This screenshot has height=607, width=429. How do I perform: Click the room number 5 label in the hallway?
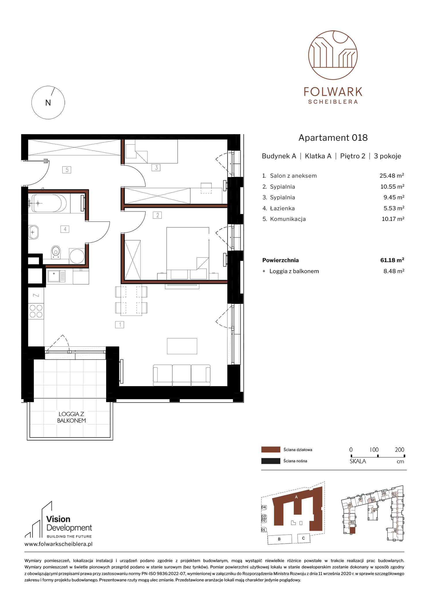(67, 170)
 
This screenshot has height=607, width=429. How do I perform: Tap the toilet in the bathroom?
(56, 252)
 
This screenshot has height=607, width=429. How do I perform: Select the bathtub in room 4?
(49, 203)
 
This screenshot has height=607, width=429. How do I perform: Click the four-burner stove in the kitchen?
(36, 311)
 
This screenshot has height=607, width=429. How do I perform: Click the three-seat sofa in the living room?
(182, 375)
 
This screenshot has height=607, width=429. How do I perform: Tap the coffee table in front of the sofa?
(182, 346)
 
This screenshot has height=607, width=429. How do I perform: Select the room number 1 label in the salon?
(120, 325)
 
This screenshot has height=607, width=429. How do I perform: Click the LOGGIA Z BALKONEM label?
(71, 417)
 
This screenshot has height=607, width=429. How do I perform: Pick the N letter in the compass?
(48, 103)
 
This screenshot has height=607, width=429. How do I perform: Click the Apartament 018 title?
(333, 138)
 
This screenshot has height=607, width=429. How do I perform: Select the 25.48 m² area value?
(392, 176)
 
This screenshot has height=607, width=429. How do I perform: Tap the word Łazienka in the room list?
(282, 208)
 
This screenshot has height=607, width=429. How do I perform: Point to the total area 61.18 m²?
(392, 260)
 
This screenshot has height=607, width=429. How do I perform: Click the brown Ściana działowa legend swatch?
(271, 450)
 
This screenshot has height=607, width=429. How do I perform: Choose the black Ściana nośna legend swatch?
(271, 461)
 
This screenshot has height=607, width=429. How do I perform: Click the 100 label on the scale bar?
(374, 450)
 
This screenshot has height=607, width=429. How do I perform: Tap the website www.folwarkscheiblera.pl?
(58, 544)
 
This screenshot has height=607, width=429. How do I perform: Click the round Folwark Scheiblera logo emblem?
(333, 55)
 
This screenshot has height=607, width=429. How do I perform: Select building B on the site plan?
(279, 539)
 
